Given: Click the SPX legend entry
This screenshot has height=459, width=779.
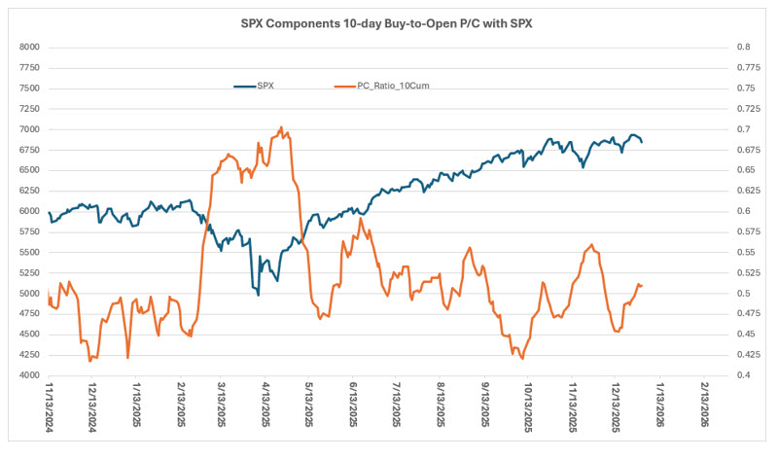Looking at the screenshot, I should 262,86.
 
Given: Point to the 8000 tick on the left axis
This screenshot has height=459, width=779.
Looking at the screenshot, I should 27,47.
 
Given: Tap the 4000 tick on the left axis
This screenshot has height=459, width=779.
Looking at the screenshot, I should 27,375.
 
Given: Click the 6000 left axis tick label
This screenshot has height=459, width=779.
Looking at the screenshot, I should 27,211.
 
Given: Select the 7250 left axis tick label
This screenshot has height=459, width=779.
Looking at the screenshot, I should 27,108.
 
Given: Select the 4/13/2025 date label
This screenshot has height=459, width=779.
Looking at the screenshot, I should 267,407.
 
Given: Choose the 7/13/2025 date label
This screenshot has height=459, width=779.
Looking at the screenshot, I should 399,407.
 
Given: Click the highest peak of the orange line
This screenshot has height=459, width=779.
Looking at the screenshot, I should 281,127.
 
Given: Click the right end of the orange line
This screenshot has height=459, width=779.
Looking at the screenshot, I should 642,285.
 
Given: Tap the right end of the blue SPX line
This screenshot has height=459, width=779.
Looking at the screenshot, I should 642,142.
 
